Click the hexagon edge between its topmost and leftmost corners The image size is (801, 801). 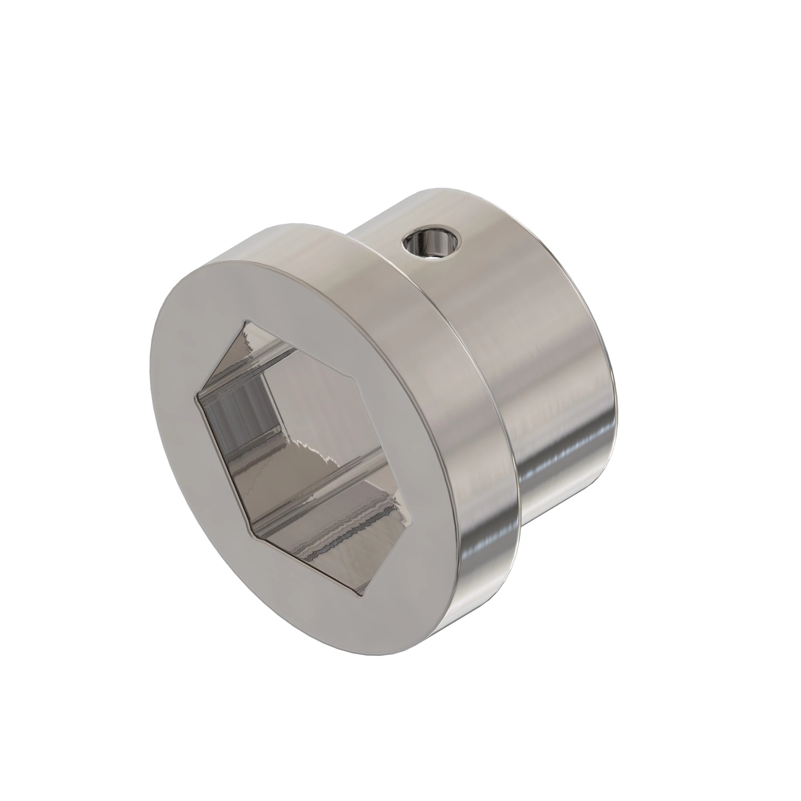(x=220, y=360)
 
